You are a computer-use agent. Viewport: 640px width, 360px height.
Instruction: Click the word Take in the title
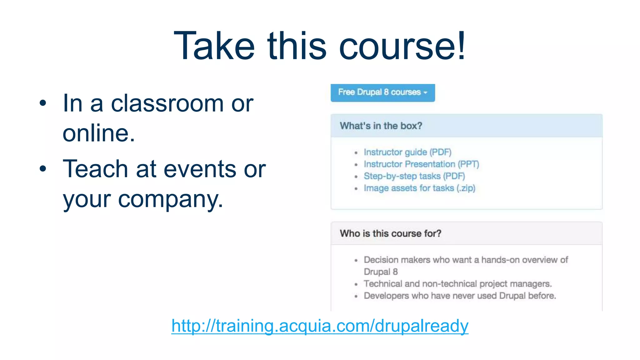click(214, 46)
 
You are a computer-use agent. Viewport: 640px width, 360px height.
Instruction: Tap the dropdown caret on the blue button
click(425, 93)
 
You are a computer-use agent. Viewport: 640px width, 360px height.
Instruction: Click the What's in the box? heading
click(381, 126)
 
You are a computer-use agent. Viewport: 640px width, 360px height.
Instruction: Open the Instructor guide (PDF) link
click(407, 152)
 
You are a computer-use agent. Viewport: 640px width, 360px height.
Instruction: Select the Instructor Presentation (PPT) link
click(421, 164)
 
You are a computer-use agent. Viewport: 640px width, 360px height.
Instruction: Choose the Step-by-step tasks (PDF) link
click(414, 176)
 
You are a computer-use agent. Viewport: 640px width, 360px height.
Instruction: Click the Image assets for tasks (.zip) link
click(419, 188)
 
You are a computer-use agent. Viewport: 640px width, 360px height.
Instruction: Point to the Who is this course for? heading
click(390, 233)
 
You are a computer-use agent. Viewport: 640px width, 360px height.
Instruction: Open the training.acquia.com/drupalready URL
click(320, 326)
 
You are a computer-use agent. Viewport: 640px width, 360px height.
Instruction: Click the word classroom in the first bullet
click(167, 103)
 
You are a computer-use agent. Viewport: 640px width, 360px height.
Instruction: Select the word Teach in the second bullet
click(95, 169)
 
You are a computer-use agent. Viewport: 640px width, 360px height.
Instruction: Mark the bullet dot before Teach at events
click(43, 169)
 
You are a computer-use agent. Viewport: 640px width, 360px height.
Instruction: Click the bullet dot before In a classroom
click(43, 103)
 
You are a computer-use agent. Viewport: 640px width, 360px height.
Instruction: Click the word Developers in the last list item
click(386, 296)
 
